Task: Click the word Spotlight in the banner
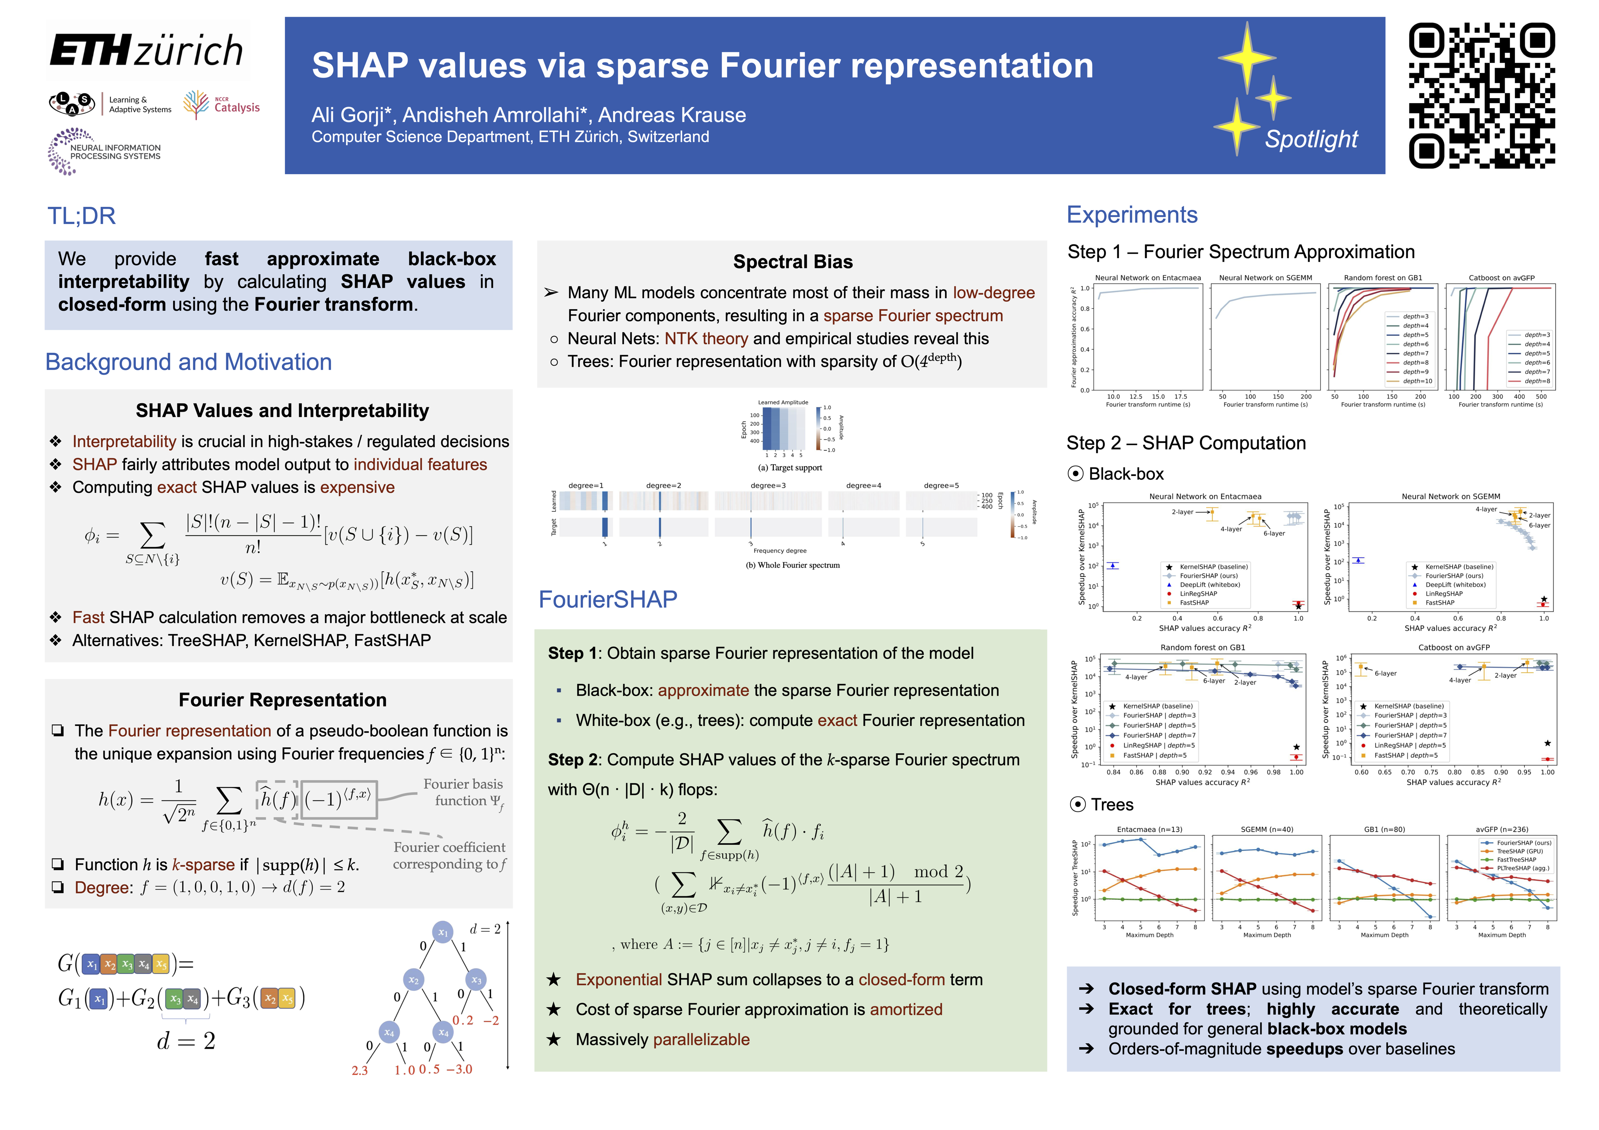tap(1311, 139)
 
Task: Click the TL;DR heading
tap(82, 216)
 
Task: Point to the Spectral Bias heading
tap(793, 262)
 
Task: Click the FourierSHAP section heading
tap(607, 600)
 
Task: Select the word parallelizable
tap(701, 1039)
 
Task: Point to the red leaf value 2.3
tap(359, 1070)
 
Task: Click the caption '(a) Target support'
tap(790, 468)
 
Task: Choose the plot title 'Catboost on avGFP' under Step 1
tap(1501, 278)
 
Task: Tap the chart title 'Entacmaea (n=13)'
tap(1149, 829)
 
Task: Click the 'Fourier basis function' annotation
tap(463, 792)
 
